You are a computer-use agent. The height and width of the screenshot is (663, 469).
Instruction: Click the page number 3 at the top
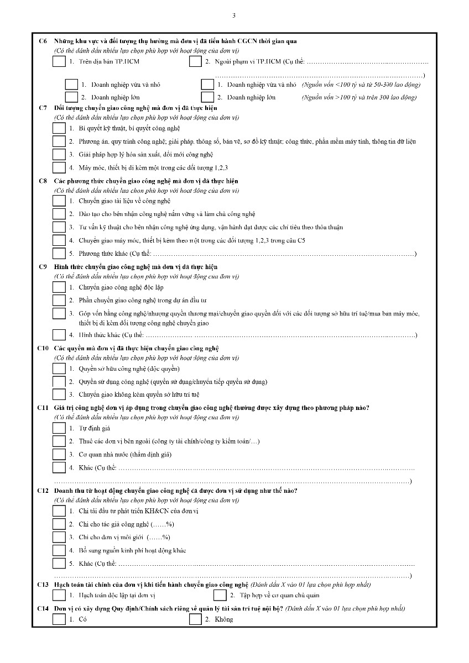tap(234, 15)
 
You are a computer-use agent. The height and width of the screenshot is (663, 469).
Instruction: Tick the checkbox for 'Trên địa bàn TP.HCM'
tap(59, 61)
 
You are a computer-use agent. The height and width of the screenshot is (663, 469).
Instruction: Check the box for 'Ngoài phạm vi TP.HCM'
tap(195, 61)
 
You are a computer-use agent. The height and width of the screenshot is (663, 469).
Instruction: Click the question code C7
tap(43, 108)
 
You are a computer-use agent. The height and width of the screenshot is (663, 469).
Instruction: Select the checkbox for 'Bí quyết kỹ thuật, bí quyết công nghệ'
tap(59, 128)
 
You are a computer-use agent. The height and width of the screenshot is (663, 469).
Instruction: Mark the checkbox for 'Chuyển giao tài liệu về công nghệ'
tap(59, 201)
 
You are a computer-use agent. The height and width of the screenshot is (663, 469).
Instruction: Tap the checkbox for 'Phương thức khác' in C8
tap(59, 254)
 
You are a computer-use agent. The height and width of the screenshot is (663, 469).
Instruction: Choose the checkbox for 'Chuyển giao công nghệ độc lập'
tap(59, 287)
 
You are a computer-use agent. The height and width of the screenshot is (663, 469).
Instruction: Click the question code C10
tap(44, 348)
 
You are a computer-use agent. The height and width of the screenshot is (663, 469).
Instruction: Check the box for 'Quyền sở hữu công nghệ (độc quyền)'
tap(59, 369)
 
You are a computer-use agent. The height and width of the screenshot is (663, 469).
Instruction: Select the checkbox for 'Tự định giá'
tap(59, 428)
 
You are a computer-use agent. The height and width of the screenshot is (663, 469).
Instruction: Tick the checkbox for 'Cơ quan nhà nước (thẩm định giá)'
tap(59, 454)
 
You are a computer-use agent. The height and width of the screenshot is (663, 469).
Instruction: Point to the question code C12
tap(44, 491)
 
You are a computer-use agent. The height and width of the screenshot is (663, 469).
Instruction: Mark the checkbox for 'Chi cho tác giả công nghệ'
tap(59, 524)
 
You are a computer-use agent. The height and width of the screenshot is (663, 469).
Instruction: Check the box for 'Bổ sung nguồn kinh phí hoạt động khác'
tap(59, 550)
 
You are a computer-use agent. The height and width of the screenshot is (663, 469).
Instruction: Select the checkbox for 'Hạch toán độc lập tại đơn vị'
tap(59, 595)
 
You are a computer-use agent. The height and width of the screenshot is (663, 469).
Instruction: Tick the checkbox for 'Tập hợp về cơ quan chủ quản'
tap(220, 595)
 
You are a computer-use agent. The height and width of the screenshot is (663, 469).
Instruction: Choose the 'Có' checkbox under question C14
tap(59, 619)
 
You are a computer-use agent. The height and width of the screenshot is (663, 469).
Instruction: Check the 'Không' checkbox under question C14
tap(195, 619)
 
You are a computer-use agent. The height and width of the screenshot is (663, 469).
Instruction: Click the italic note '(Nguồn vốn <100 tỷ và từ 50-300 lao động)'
tap(361, 85)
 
